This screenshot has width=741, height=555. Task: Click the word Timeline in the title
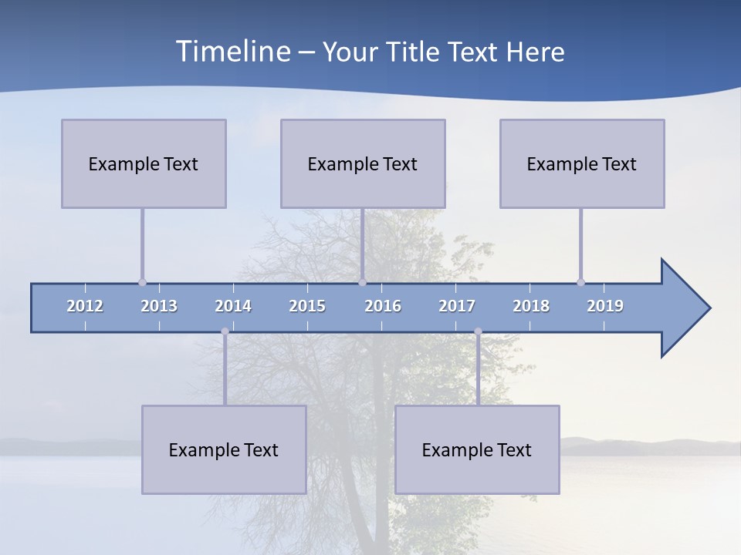coord(232,52)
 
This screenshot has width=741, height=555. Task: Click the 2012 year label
coord(85,306)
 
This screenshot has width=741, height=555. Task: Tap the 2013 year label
coord(159,306)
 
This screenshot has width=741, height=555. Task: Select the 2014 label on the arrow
coord(233,306)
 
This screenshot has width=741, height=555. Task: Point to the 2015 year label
coord(307,306)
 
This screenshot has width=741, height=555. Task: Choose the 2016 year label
coord(383,306)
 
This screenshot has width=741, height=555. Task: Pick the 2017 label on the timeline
coord(457,306)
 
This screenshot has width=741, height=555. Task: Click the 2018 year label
coord(531,306)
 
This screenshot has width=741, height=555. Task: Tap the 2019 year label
coord(605,306)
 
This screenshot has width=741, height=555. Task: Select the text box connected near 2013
coord(144,163)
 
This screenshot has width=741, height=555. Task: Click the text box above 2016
coord(363,163)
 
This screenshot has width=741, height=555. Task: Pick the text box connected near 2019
coord(582,163)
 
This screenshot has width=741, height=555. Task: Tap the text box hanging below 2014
coord(224,449)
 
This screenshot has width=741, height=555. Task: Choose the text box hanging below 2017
coord(477,449)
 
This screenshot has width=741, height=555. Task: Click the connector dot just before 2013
coord(142,282)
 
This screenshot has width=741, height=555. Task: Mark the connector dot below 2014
coord(225,331)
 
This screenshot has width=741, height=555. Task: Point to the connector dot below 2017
coord(478,331)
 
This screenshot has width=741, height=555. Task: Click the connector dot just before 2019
coord(580,282)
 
